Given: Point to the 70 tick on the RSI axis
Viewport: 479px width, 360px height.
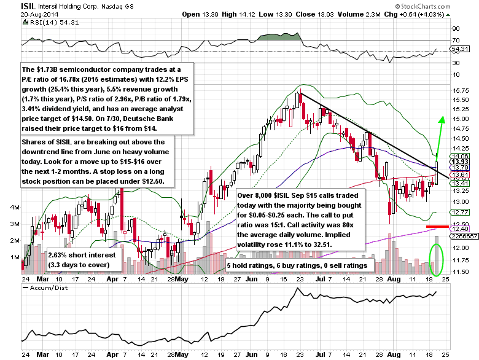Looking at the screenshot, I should pyautogui.click(x=456, y=40).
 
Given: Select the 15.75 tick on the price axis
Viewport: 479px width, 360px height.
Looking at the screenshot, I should pyautogui.click(x=461, y=90).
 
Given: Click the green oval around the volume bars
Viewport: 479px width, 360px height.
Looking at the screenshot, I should pyautogui.click(x=435, y=259).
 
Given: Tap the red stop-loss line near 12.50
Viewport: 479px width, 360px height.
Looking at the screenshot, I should pyautogui.click(x=436, y=227).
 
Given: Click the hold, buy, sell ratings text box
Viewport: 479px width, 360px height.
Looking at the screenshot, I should pyautogui.click(x=297, y=265).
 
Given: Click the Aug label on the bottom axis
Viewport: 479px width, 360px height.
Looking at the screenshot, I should pyautogui.click(x=394, y=354).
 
